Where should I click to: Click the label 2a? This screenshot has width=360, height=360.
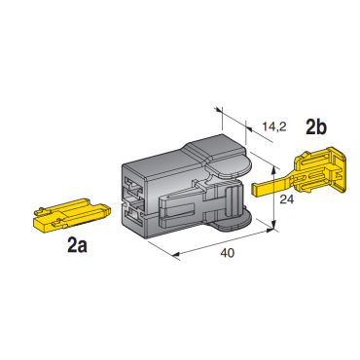click(x=78, y=245)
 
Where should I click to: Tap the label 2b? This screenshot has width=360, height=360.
click(x=316, y=127)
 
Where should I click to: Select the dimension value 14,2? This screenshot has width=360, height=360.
click(x=274, y=126)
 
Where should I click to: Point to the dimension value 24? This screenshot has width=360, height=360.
click(x=287, y=199)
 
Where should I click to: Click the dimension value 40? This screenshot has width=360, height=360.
click(x=227, y=253)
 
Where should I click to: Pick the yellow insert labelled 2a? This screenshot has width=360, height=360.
click(x=72, y=215)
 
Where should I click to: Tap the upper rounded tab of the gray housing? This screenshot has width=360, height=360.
click(x=229, y=167)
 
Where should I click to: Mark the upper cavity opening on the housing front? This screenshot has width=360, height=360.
click(x=133, y=188)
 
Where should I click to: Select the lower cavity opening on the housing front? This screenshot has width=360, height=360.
click(x=134, y=216)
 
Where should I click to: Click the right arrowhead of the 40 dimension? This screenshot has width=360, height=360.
click(x=270, y=231)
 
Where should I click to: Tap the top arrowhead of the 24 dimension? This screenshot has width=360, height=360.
click(x=274, y=170)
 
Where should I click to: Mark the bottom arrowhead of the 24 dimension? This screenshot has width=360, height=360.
click(x=274, y=224)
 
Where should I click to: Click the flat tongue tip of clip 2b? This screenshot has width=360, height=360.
click(x=256, y=189)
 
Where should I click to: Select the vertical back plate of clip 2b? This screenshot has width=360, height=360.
click(x=339, y=171)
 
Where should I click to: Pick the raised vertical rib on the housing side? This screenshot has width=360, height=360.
click(x=232, y=200)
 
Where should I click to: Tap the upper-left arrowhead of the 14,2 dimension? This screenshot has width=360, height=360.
click(x=219, y=111)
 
